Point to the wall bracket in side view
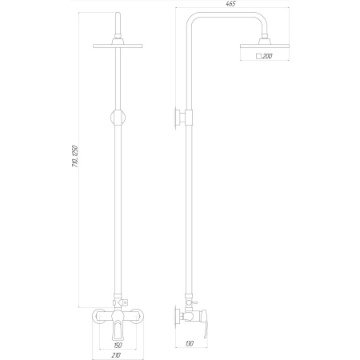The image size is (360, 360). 178,118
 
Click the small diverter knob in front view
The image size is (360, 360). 127,302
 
